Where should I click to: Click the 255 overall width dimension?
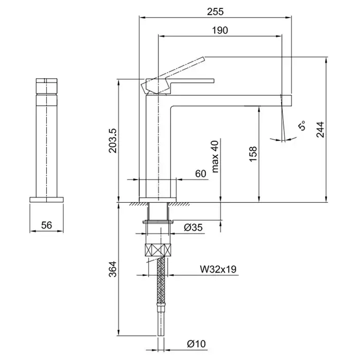215,11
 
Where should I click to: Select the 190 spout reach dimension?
220,30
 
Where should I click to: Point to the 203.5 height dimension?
113,140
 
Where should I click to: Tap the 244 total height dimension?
320,130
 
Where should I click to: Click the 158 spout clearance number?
253,154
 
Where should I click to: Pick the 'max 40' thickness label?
215,156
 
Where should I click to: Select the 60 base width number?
201,174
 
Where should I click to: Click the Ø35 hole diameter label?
193,227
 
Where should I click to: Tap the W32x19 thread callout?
218,269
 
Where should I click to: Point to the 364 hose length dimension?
113,269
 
